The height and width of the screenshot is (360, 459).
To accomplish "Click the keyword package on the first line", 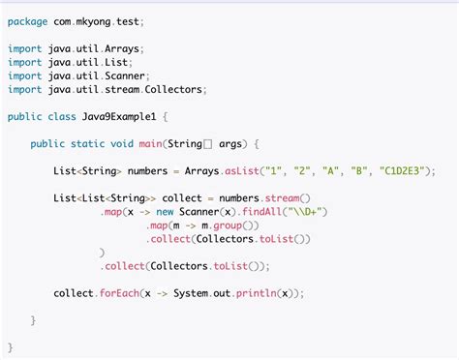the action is coord(27,22).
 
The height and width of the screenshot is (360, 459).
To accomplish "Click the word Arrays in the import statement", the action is coord(122,49).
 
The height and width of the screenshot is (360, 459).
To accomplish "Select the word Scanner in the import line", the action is coord(125,75).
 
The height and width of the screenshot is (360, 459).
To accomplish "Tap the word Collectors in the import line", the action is coord(173,89).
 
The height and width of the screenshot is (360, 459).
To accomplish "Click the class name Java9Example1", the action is coord(119,116).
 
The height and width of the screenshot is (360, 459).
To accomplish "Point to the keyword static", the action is coord(88,143).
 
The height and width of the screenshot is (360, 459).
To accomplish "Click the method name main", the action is coord(150,143).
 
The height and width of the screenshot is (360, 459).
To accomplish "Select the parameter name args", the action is coord(230,144).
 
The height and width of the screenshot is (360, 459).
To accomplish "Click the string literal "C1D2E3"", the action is coord(402,170).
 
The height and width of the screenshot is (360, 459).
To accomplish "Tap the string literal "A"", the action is coord(330,170).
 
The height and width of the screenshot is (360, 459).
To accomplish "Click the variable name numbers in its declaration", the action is coord(147,170).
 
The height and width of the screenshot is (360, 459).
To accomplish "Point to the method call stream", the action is coord(282,197).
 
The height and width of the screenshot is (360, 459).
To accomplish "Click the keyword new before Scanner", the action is coord(165,212).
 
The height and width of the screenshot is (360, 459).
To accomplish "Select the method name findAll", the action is coord(261,212).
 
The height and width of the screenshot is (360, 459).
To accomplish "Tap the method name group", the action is coord(228,225).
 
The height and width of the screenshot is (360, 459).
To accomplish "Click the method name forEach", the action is coord(119,293).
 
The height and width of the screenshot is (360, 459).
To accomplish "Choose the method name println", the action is coord(257,293).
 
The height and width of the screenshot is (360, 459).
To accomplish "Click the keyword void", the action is coord(122,143).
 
